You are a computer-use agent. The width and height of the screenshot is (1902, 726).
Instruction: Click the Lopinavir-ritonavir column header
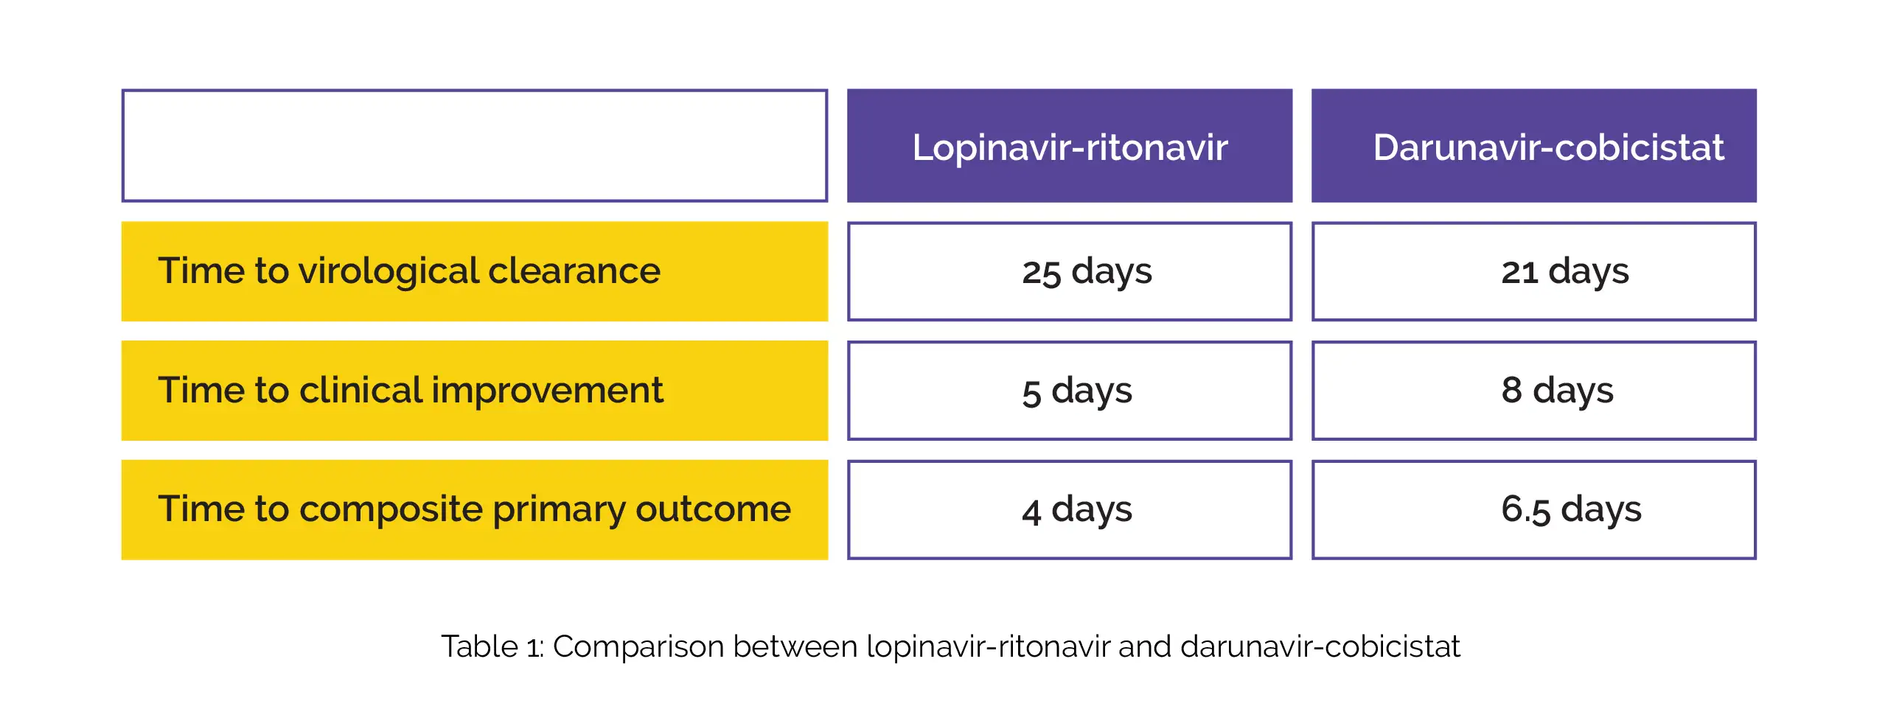click(x=1069, y=145)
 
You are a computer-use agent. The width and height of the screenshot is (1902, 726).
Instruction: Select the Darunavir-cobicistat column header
click(x=1533, y=145)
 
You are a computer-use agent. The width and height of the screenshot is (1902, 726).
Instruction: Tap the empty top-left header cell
click(x=474, y=145)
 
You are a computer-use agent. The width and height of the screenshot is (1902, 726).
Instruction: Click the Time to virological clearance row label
click(x=474, y=271)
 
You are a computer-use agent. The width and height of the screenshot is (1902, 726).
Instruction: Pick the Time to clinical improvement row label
click(x=474, y=390)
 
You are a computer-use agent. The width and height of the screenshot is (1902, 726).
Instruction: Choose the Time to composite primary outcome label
click(x=474, y=509)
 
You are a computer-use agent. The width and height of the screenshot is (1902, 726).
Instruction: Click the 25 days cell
click(x=1069, y=271)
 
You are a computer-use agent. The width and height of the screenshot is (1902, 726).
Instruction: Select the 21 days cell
click(x=1533, y=271)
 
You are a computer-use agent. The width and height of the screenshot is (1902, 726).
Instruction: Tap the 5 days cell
click(x=1069, y=390)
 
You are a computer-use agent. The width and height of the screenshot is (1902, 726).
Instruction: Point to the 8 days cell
click(x=1533, y=390)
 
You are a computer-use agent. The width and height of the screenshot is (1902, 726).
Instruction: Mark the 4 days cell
click(x=1069, y=509)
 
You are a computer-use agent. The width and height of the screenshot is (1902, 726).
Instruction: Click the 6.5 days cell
click(x=1533, y=509)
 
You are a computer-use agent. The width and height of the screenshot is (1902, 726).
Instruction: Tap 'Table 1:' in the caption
click(x=492, y=646)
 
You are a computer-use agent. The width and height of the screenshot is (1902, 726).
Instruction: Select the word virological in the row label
click(x=389, y=272)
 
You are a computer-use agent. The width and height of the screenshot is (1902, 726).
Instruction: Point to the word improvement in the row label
click(x=547, y=391)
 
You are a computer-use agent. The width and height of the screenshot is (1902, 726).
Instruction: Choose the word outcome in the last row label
click(x=714, y=509)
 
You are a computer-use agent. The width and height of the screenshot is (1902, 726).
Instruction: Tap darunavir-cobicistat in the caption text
click(x=1320, y=646)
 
